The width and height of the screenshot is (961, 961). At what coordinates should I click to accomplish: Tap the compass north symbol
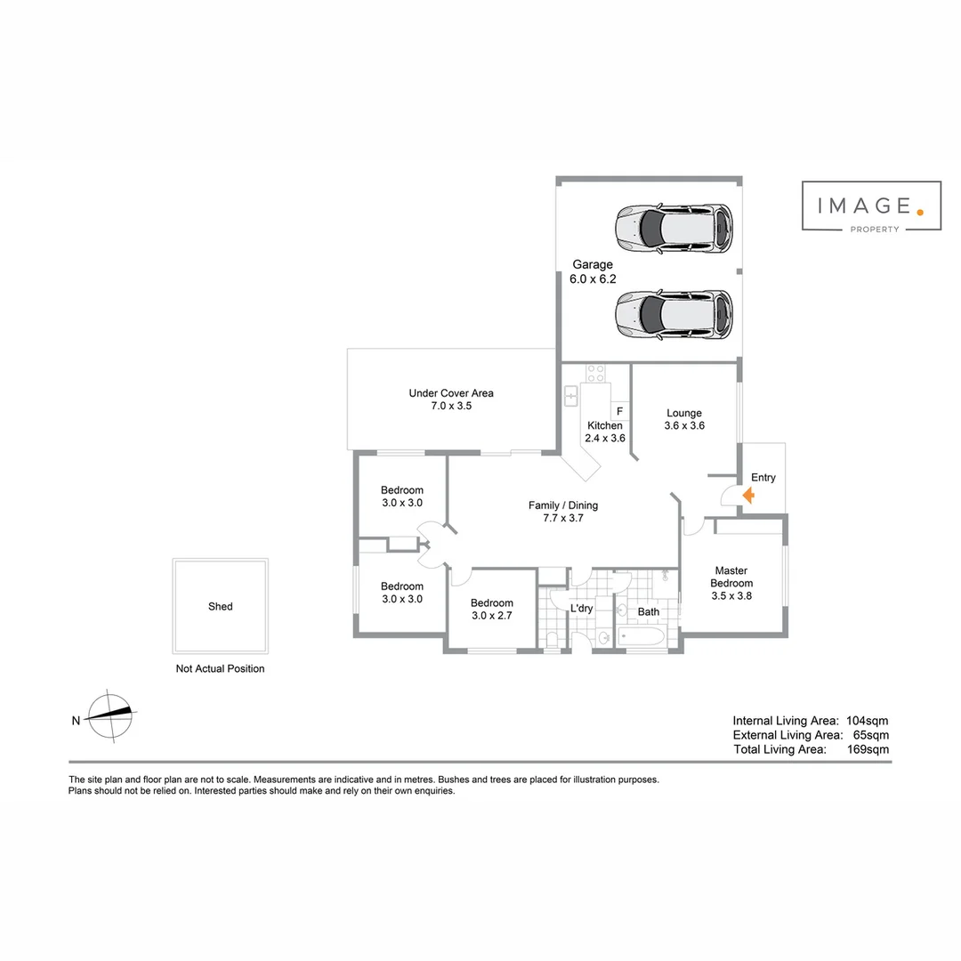(111, 715)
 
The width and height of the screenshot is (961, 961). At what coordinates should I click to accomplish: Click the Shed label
(220, 607)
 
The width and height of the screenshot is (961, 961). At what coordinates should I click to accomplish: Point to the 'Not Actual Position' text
(220, 669)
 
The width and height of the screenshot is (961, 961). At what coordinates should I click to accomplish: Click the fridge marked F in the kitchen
(619, 411)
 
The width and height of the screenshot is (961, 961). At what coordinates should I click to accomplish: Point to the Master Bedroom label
(731, 583)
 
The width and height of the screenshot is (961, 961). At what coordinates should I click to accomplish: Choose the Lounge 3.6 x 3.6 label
(684, 419)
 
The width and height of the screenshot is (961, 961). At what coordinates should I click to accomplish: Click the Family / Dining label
(563, 512)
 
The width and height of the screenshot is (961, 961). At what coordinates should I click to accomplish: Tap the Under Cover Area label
(451, 399)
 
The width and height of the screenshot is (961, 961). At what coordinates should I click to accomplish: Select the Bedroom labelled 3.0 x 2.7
(492, 609)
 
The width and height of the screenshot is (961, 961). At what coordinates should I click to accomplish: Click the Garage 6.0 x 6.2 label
(593, 271)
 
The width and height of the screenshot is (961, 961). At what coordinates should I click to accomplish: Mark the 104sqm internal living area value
(868, 721)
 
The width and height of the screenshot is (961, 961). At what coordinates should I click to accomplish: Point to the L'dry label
(581, 609)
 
